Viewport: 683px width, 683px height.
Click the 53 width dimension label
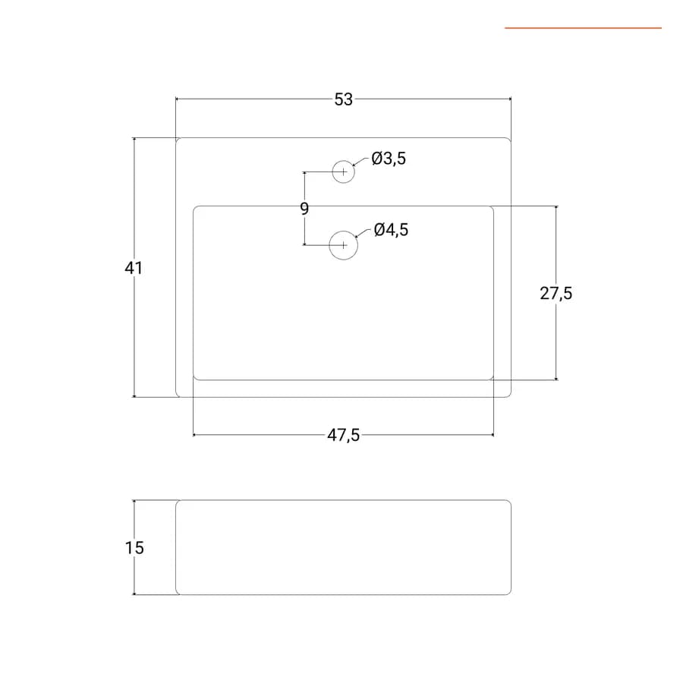(x=343, y=99)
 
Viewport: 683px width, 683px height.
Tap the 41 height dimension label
(x=134, y=268)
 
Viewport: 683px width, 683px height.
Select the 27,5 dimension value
(x=556, y=293)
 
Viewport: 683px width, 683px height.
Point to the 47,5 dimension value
(x=343, y=435)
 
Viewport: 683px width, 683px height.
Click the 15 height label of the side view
(x=134, y=547)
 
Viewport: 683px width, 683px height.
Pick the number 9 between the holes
(x=304, y=209)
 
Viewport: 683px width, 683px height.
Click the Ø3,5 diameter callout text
(x=389, y=158)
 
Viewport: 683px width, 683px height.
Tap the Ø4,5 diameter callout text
(x=391, y=229)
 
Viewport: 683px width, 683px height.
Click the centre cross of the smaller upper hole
(x=344, y=172)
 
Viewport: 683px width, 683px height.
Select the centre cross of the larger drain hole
(x=344, y=245)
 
